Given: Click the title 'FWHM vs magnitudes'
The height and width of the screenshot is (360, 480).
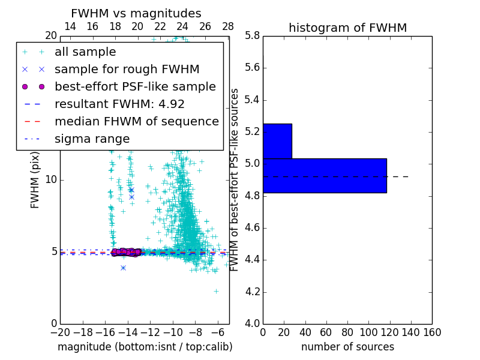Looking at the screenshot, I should pos(136,13).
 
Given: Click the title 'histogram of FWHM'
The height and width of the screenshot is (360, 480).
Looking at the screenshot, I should pos(347,28).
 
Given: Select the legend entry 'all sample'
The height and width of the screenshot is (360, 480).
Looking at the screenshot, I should pos(85,52).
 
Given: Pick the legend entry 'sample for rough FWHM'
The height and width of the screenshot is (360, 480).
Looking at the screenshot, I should pos(127,69).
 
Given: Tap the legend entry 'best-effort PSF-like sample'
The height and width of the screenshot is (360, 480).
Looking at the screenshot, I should pos(135,86).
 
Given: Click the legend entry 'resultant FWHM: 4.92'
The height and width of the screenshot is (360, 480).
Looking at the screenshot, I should pos(119,104).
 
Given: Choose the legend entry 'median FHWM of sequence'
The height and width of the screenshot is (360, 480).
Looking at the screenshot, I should pos(136,121).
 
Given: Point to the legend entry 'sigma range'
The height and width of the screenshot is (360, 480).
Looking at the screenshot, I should pos(92,139).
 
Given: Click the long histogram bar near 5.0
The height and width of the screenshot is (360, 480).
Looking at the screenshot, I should pos(325,175).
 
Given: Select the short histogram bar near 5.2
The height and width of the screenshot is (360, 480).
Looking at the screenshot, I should pos(277,141).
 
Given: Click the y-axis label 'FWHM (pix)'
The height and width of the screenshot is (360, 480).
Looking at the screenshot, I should pos(35,180).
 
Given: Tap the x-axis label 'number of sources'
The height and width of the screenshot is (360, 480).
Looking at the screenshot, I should pos(347,347).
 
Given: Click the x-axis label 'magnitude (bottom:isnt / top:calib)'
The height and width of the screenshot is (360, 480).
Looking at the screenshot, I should pos(145,347).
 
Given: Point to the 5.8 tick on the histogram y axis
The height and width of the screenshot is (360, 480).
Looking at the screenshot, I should pos(252,35).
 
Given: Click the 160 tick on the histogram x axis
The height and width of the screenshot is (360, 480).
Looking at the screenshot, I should pos(432,332).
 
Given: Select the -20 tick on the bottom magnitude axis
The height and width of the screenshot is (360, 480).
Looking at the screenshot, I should pos(60,332).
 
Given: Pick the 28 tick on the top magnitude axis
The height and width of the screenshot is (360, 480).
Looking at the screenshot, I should pos(228,26).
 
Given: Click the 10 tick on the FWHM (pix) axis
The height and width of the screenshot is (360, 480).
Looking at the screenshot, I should pos(51,179).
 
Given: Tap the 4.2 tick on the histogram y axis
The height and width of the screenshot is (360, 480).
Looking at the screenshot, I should pos(252,292).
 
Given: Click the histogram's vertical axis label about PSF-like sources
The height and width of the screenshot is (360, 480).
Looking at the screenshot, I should pos(235,180).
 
